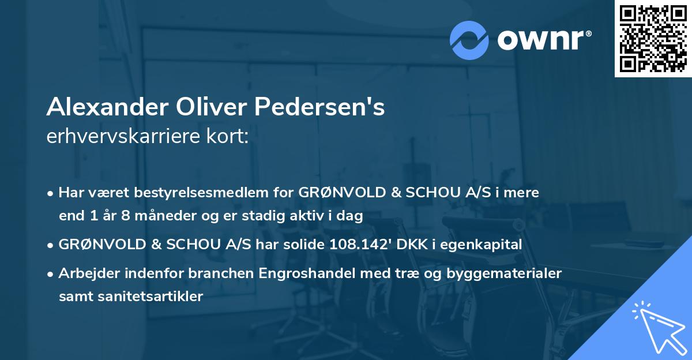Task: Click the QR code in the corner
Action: [653, 38]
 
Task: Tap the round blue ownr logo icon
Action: [469, 40]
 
